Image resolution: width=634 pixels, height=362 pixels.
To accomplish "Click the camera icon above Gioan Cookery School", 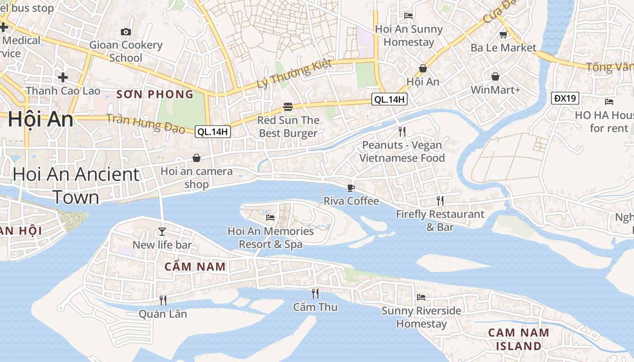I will tap(126, 32).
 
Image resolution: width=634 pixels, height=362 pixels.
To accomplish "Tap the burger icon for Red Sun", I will tap(288, 107).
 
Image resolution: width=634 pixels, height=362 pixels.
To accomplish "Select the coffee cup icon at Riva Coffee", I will tap(351, 188).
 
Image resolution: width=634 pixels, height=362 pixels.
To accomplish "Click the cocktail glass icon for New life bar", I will tap(162, 232).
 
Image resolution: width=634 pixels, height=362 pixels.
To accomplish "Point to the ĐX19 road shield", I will tap(565, 98).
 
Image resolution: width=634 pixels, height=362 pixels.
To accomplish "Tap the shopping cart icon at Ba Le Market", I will tap(503, 34).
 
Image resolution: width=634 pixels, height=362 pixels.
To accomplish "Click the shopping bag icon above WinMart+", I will tap(495, 76).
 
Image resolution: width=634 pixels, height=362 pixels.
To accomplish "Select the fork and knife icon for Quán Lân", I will tap(163, 300).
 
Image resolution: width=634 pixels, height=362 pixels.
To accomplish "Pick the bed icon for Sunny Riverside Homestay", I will tap(421, 297).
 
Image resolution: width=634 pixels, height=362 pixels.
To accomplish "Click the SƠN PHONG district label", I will tap(155, 95).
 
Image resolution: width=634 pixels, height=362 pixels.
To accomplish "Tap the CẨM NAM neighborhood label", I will tap(195, 267).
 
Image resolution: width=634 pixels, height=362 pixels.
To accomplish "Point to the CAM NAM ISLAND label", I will tap(519, 339).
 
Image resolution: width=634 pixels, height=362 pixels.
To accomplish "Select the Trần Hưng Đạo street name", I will tap(146, 124).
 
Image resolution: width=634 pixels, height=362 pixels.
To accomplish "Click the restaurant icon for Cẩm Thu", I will tap(315, 293).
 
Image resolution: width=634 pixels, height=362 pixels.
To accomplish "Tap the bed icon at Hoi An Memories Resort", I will tap(270, 218).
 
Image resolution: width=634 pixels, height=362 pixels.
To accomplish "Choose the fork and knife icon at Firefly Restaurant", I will tap(440, 200).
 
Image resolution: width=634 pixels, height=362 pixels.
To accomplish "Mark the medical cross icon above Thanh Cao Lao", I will tap(63, 77).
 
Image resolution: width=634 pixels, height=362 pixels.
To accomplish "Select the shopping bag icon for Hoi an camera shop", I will tap(197, 158).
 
